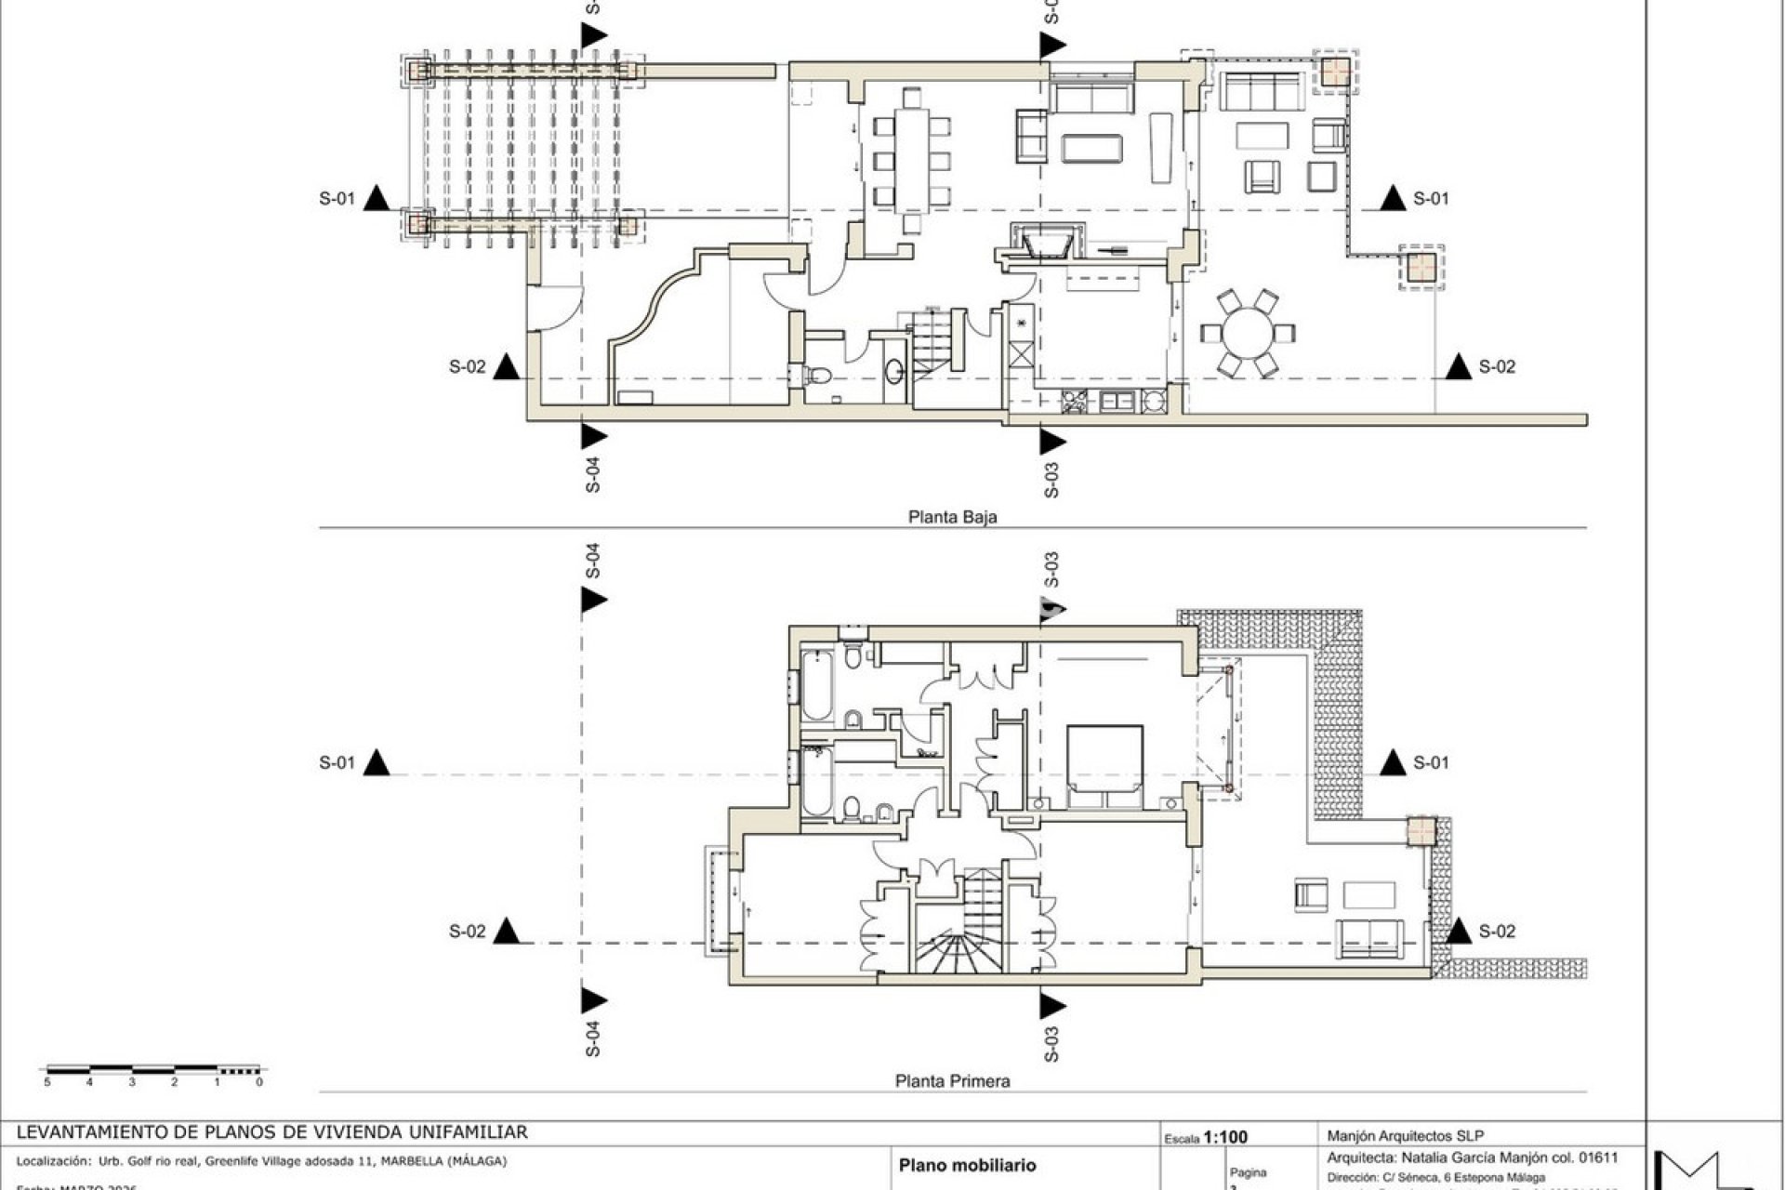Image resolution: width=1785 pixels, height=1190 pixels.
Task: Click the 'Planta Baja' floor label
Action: coord(952,517)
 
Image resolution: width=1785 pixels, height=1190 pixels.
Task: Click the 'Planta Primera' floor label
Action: coord(952,1081)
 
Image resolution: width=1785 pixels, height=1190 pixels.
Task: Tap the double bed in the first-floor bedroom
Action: coord(1104,766)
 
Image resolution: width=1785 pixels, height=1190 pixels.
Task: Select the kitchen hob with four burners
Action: coord(1075,402)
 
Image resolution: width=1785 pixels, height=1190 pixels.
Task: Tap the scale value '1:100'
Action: coord(1225,1137)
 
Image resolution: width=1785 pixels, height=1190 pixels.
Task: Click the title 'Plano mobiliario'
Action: coord(967,1165)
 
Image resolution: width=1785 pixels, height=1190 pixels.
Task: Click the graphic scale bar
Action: coord(154,1070)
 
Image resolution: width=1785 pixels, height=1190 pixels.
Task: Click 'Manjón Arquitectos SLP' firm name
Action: coord(1405,1135)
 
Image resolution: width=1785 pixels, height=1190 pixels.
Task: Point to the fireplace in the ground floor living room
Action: coord(1045,244)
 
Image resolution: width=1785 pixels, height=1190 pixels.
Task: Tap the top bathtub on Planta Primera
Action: coord(816,686)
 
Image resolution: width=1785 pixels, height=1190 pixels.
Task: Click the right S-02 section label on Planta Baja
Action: coord(1497,367)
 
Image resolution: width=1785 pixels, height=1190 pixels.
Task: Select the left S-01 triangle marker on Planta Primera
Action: coord(377,763)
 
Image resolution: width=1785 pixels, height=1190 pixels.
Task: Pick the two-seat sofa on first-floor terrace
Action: coord(1369,937)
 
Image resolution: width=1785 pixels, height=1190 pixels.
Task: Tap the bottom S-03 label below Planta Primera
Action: coord(1051,1043)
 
